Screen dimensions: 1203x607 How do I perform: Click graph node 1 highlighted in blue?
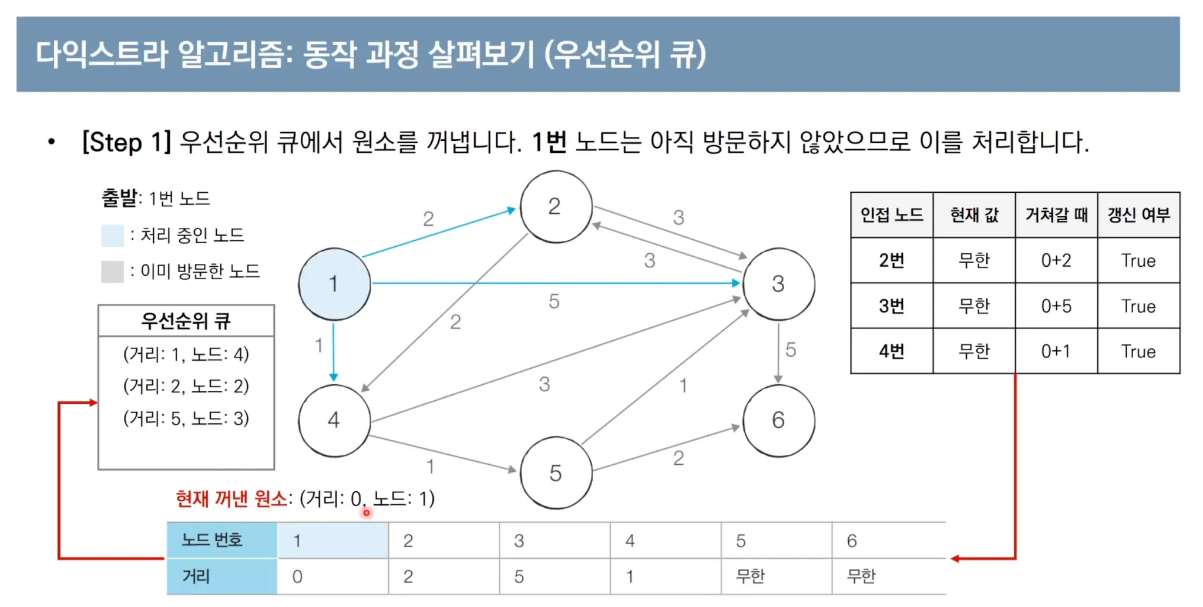pos(334,284)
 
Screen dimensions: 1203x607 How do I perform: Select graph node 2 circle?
pos(556,206)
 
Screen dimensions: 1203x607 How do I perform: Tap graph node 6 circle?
pos(778,420)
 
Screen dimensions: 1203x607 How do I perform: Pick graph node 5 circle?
pos(556,472)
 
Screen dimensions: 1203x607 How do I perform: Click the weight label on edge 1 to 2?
pos(428,219)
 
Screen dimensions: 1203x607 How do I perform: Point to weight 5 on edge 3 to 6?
pos(791,350)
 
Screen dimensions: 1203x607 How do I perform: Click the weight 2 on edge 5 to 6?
pos(678,458)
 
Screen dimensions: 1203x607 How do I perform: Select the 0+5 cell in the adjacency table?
pos(1056,306)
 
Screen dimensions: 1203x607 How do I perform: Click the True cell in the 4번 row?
pos(1138,351)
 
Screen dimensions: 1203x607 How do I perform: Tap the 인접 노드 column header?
pos(892,215)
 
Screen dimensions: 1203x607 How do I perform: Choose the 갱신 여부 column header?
pos(1138,215)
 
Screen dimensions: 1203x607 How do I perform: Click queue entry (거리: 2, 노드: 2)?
pos(186,386)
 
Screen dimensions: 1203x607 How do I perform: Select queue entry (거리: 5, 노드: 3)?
pos(186,418)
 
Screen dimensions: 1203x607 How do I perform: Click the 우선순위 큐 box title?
pos(186,321)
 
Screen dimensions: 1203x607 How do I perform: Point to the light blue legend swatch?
pos(112,235)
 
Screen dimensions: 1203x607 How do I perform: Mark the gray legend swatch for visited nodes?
pos(112,271)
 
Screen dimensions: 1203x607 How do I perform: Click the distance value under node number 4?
pos(630,576)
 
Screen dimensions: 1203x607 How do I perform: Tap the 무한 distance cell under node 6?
pos(861,576)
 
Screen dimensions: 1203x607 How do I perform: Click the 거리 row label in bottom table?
pos(196,576)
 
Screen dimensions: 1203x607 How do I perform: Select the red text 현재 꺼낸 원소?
pos(231,499)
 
